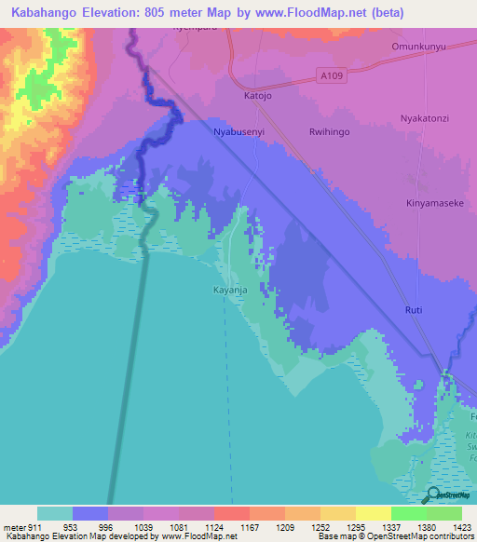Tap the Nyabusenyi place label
[x=240, y=132]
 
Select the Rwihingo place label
[x=329, y=132]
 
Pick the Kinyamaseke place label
[x=435, y=202]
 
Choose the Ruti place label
[x=415, y=309]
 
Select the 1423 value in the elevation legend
[x=461, y=526]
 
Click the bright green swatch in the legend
[x=408, y=513]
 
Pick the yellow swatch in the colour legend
[x=373, y=513]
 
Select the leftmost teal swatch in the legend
[x=55, y=513]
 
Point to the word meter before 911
[x=15, y=526]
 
